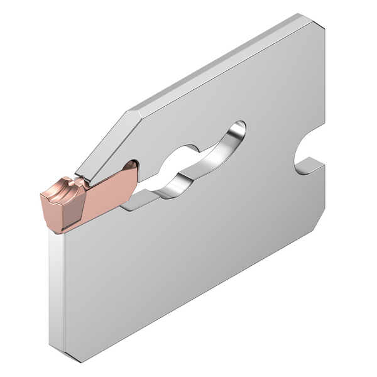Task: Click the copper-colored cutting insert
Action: pos(88,198)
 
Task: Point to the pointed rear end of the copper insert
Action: pos(133,167)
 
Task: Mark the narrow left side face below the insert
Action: pos(57,289)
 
